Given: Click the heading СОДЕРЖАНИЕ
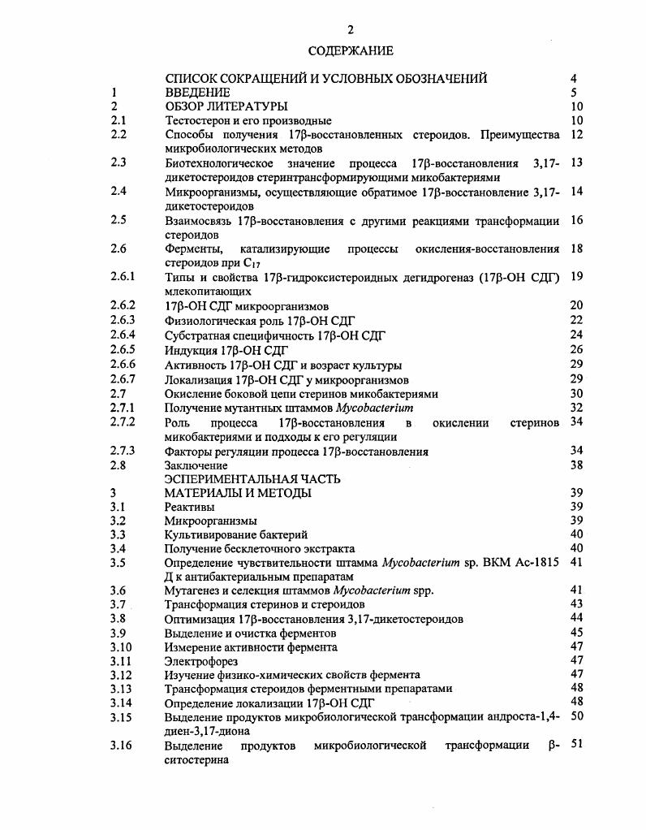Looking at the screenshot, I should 351,51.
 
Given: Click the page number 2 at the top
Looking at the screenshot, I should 351,30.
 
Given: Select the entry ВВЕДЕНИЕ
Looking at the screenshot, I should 197,93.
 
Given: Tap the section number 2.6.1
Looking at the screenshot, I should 123,277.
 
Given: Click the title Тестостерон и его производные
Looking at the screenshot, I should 248,120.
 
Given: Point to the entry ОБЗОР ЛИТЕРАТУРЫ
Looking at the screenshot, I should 226,106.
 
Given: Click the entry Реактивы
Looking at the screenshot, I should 190,507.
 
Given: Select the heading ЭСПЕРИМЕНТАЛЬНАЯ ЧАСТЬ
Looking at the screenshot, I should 252,479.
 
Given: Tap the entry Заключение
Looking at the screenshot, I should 196,466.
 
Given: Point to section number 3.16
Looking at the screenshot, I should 121,746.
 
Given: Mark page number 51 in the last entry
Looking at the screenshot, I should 577,746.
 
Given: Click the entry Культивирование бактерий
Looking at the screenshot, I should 236,534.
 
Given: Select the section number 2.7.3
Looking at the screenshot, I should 123,451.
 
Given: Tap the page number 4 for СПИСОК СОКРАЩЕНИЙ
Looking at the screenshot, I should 574,79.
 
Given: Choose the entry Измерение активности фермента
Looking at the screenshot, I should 251,647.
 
